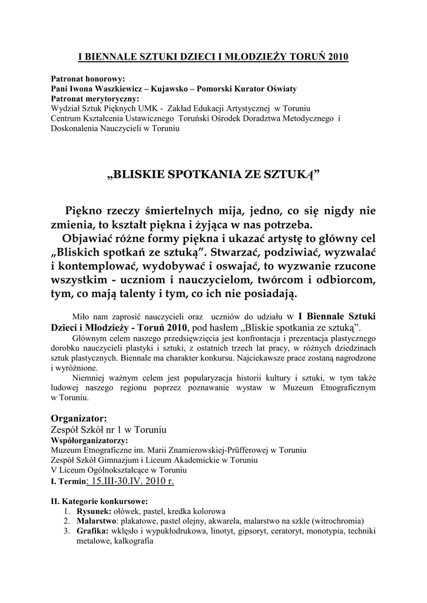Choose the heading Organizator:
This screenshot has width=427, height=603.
[79, 418]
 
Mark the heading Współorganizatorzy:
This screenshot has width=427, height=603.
[90, 440]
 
